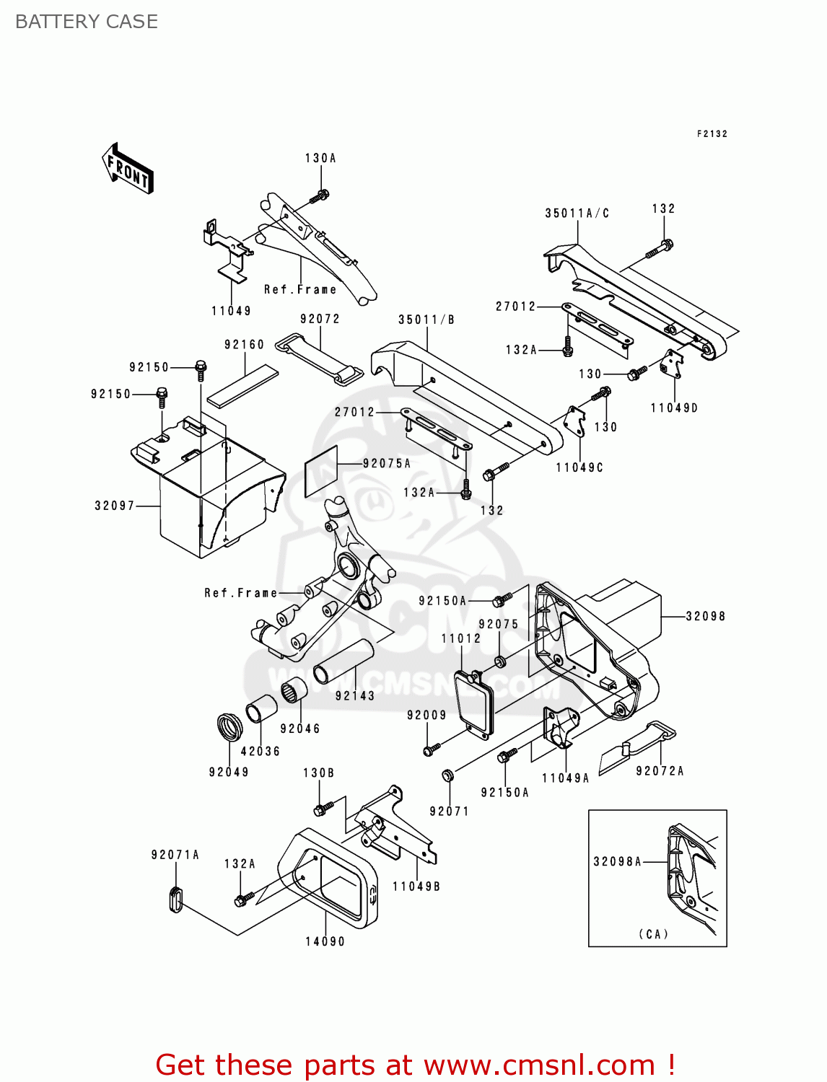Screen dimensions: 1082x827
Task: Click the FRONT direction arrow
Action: pyautogui.click(x=128, y=169)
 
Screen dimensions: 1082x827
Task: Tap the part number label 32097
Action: pyautogui.click(x=115, y=506)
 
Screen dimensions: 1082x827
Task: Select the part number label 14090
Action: pyautogui.click(x=325, y=941)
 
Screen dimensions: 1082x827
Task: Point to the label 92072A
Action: pyautogui.click(x=660, y=771)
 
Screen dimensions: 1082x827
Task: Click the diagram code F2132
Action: pyautogui.click(x=712, y=133)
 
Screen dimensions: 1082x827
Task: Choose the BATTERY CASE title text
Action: pyautogui.click(x=87, y=22)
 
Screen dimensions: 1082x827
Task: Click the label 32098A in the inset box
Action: pyautogui.click(x=617, y=861)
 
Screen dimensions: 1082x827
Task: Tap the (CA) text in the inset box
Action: pyautogui.click(x=654, y=934)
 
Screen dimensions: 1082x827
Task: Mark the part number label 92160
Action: pyautogui.click(x=244, y=345)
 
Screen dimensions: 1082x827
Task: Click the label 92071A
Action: pyautogui.click(x=175, y=855)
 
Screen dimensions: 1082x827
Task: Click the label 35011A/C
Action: pyautogui.click(x=577, y=213)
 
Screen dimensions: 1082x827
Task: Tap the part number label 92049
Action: pyautogui.click(x=229, y=772)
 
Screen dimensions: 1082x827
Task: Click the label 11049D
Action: pyautogui.click(x=674, y=408)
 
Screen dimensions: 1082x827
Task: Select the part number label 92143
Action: pyautogui.click(x=355, y=696)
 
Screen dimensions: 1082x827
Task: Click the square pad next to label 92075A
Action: pyautogui.click(x=321, y=471)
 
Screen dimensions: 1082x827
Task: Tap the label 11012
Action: pyautogui.click(x=461, y=638)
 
